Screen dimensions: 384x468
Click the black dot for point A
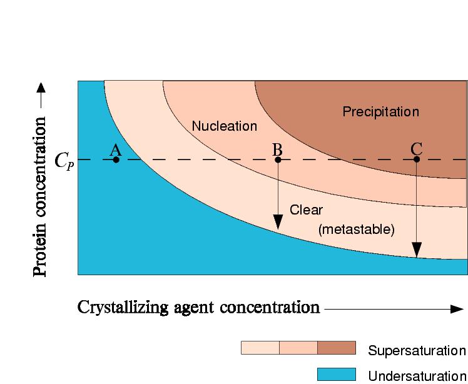[x=116, y=159]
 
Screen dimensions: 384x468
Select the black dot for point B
[x=278, y=159]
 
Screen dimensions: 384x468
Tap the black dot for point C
[x=417, y=159]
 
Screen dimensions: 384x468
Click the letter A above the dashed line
[x=115, y=149]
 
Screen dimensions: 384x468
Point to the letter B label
[x=277, y=149]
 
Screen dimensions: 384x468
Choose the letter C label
[x=417, y=149]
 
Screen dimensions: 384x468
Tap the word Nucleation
[x=224, y=126]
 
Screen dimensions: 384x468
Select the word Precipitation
[x=380, y=112]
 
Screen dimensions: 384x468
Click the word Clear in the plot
[x=306, y=210]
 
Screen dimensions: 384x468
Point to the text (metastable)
[x=356, y=230]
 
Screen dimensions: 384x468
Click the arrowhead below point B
[x=278, y=222]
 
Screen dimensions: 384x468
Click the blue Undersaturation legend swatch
[x=336, y=375]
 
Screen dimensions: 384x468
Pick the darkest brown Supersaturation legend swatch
[x=336, y=348]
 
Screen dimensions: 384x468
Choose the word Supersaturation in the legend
[x=417, y=350]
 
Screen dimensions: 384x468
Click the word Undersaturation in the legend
[x=417, y=376]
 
